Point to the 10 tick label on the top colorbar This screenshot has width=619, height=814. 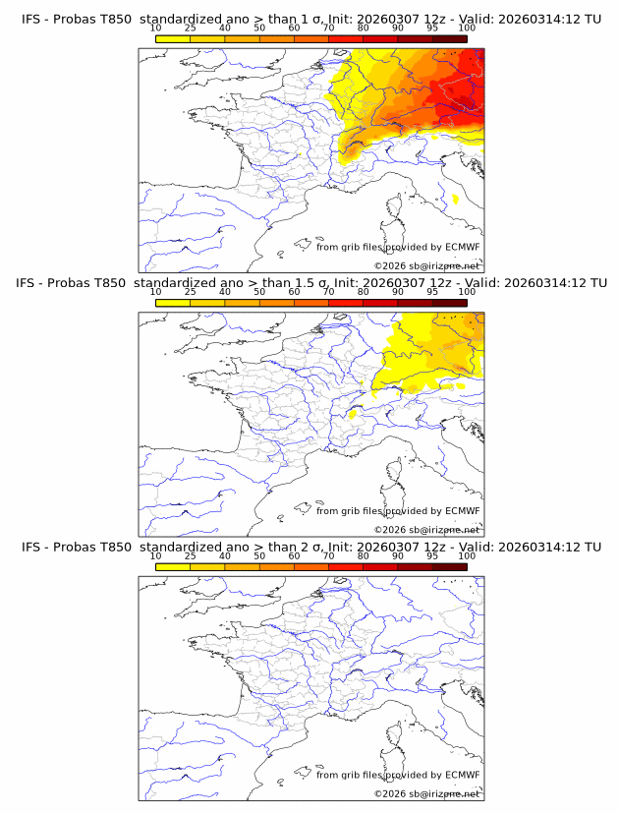156,28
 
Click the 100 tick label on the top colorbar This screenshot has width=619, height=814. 467,28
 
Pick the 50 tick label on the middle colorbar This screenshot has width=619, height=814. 259,292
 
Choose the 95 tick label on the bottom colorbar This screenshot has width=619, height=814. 432,555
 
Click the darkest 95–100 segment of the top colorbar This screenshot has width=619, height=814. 450,38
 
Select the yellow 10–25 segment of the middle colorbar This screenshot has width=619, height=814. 173,303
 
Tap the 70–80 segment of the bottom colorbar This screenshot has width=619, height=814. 346,566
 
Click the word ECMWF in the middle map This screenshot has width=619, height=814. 462,511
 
